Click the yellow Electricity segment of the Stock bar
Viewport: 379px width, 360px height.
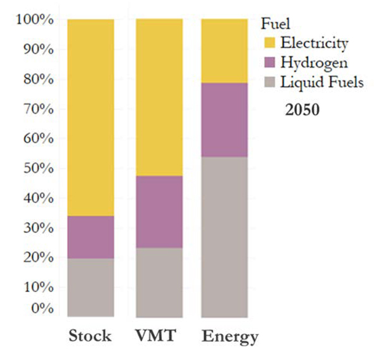tap(90, 117)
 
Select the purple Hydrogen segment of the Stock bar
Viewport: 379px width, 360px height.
tap(90, 237)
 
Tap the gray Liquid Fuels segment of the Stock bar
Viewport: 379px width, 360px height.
tap(90, 287)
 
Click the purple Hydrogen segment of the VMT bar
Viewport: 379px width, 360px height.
tap(159, 212)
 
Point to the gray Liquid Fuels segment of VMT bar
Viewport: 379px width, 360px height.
tap(159, 282)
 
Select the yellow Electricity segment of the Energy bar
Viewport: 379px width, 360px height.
tap(224, 51)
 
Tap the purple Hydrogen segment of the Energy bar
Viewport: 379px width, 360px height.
tap(224, 120)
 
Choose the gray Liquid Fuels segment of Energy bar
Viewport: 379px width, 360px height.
tap(224, 237)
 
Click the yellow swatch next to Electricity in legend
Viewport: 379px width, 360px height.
tap(269, 44)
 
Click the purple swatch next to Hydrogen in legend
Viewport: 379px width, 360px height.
tap(269, 63)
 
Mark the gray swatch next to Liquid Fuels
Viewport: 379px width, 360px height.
tap(269, 82)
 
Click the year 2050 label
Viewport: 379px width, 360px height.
tap(303, 109)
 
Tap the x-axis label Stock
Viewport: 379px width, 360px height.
tap(90, 335)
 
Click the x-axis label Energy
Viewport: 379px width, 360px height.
tap(230, 337)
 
